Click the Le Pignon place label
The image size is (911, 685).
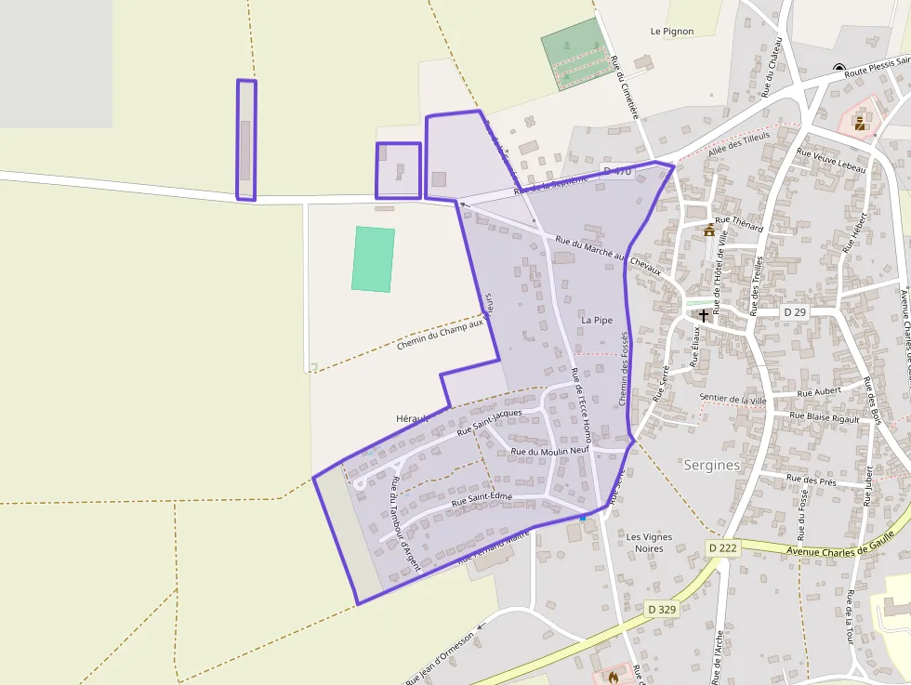pos(672,31)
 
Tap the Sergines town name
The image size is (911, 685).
pos(711,465)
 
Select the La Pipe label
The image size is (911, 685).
pos(597,320)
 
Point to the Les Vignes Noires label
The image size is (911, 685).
pos(649,542)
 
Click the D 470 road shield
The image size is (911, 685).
pos(616,171)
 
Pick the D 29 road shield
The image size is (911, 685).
pos(794,312)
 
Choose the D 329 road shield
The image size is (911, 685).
pos(661,609)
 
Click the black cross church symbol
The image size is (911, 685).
pos(704,315)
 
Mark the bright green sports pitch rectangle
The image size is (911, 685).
pos(374,259)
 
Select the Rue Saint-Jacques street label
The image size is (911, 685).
pos(491,422)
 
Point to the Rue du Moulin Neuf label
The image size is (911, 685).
pos(550,452)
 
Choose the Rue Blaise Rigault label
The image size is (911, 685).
pos(824,417)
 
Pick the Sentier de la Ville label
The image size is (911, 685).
pos(733,400)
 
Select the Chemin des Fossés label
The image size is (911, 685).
pos(625,368)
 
